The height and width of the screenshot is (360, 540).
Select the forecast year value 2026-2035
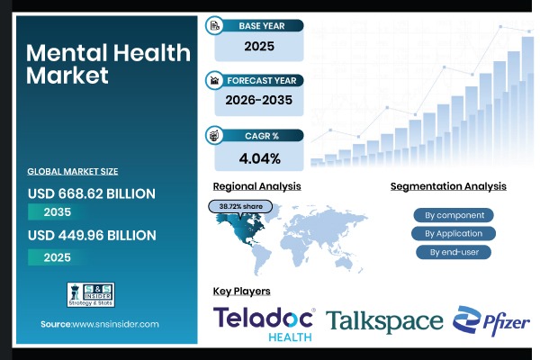click(x=257, y=100)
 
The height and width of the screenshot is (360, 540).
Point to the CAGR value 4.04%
click(x=258, y=158)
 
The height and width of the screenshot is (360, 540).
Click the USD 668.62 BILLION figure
click(x=91, y=193)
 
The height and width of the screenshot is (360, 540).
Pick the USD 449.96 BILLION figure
click(x=91, y=236)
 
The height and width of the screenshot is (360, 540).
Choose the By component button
click(x=454, y=215)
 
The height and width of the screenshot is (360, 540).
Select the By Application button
click(x=454, y=233)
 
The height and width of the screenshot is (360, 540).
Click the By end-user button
click(x=454, y=252)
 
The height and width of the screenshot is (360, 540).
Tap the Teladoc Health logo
click(x=263, y=323)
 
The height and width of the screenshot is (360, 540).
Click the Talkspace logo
click(x=384, y=321)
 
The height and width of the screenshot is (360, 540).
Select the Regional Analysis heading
click(x=256, y=186)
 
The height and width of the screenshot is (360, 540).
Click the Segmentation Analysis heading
click(x=448, y=186)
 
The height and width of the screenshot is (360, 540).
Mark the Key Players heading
click(x=241, y=291)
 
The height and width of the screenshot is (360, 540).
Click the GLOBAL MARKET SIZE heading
click(x=72, y=171)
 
